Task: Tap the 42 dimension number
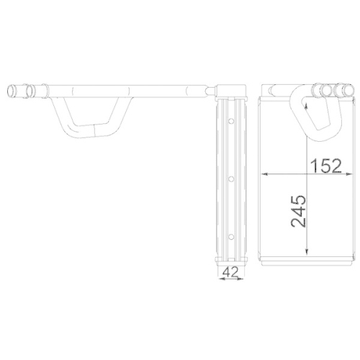231,271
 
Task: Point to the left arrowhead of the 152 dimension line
264,174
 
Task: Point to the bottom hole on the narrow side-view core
231,237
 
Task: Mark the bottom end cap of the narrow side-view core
230,258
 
